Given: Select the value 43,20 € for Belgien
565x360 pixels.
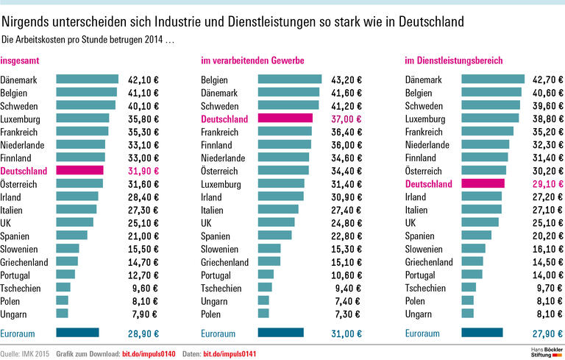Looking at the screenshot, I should coord(343,79).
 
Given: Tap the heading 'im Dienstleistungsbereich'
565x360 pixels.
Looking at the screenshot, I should coord(454,60).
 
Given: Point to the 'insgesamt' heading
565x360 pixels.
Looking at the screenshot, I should coord(21,60).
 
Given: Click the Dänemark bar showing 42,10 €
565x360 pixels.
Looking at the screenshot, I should coord(87,79).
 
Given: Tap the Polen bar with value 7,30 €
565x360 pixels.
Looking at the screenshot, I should coord(263,314).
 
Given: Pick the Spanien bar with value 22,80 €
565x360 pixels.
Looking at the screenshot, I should coord(274,236).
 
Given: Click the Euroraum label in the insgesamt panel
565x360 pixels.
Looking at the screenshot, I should coord(20,333).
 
